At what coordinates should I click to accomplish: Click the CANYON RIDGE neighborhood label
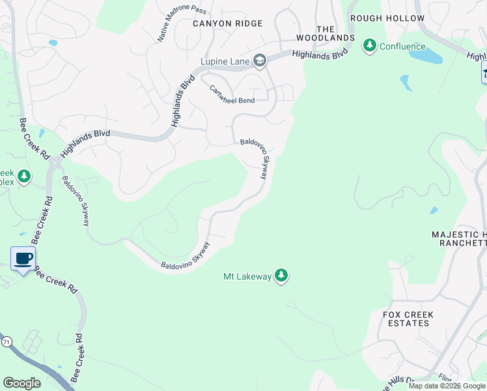[227, 23]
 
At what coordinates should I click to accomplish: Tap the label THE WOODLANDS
[335, 33]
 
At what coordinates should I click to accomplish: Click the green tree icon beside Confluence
[370, 46]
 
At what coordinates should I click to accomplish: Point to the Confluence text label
[402, 46]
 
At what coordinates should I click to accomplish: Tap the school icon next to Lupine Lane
[260, 62]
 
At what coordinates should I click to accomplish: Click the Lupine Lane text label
[225, 63]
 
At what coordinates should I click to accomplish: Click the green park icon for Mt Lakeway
[281, 276]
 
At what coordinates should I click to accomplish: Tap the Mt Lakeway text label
[247, 277]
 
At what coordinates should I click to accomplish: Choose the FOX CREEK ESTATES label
[408, 319]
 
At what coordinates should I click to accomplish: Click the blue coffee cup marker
[23, 259]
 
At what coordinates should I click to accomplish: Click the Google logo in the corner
[21, 383]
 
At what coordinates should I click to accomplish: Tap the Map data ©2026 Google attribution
[447, 386]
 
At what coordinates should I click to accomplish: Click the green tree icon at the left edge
[24, 176]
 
